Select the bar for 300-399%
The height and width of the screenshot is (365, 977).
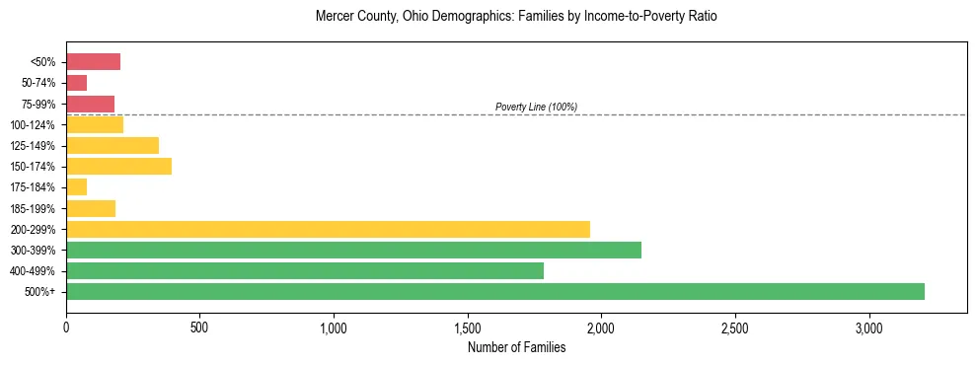(x=353, y=250)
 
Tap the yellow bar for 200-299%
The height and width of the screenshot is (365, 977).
(x=328, y=229)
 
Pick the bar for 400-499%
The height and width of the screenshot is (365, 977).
(x=305, y=270)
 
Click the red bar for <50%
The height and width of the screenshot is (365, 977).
(x=93, y=62)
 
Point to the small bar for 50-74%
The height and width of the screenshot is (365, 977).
(x=76, y=83)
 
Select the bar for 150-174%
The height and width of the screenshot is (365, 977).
(x=118, y=166)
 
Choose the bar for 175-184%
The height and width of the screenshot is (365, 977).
(x=76, y=186)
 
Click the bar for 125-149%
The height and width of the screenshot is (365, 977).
(x=113, y=145)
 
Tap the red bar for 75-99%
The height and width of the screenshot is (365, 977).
(x=90, y=104)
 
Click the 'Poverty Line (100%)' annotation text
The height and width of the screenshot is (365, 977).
(x=536, y=107)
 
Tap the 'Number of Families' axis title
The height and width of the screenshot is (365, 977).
(x=516, y=346)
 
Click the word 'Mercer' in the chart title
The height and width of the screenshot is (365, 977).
(x=333, y=17)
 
